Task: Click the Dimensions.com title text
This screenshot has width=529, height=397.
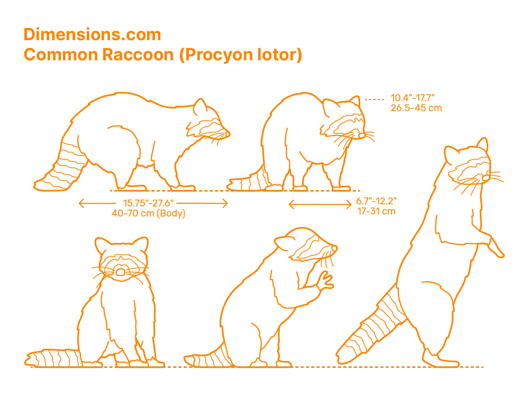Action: coord(93,35)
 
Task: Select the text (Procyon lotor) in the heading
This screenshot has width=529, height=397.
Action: coord(241,55)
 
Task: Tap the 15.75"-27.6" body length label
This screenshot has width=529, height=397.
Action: coord(148,203)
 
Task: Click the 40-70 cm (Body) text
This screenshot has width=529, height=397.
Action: coord(149,213)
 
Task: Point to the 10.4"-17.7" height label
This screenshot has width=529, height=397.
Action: coord(412,98)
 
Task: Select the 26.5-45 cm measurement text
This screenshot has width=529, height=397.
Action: coord(416,108)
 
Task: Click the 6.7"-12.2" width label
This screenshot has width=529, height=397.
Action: coord(376,201)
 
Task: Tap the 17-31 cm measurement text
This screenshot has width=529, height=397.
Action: coord(376,211)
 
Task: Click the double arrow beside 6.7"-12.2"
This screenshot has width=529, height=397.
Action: coord(320,204)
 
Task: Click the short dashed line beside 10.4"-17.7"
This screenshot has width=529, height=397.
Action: coord(375,100)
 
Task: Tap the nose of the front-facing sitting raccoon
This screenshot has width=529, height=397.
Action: coord(121,272)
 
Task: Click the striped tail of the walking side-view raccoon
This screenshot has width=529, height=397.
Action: coord(61,167)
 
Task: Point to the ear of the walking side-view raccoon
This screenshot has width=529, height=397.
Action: coord(200,107)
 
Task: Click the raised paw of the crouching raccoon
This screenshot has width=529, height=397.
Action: coord(325,281)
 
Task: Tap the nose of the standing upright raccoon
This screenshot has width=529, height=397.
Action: coord(486,177)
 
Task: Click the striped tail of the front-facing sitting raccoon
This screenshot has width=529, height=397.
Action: coord(54,358)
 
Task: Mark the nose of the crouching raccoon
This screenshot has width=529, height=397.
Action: coord(334,248)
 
